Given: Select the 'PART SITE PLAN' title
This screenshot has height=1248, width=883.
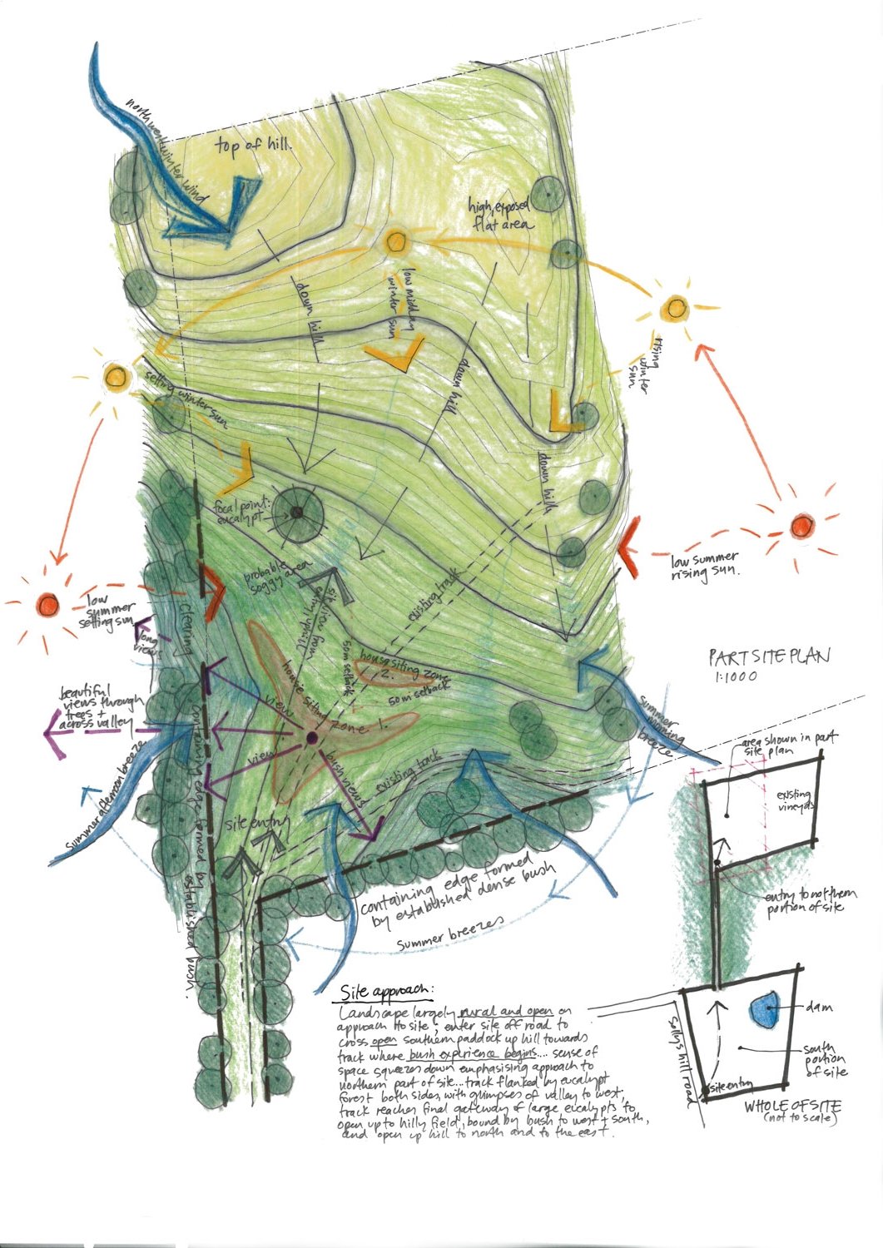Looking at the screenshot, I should coord(769,657).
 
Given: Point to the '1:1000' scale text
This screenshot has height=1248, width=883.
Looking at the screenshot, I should coord(736,677).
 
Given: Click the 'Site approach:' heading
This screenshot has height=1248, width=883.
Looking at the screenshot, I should coord(386,993).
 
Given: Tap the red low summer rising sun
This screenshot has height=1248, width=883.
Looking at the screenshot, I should coord(801,526).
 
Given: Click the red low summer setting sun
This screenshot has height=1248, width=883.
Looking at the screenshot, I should coord(47,602).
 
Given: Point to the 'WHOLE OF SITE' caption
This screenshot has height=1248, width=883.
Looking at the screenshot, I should coord(792,1107).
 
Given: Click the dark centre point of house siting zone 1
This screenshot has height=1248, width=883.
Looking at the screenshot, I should coord(311,737).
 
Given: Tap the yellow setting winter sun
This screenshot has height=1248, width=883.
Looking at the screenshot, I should coord(117,376).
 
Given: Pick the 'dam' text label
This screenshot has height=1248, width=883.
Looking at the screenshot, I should coord(820,1008).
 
